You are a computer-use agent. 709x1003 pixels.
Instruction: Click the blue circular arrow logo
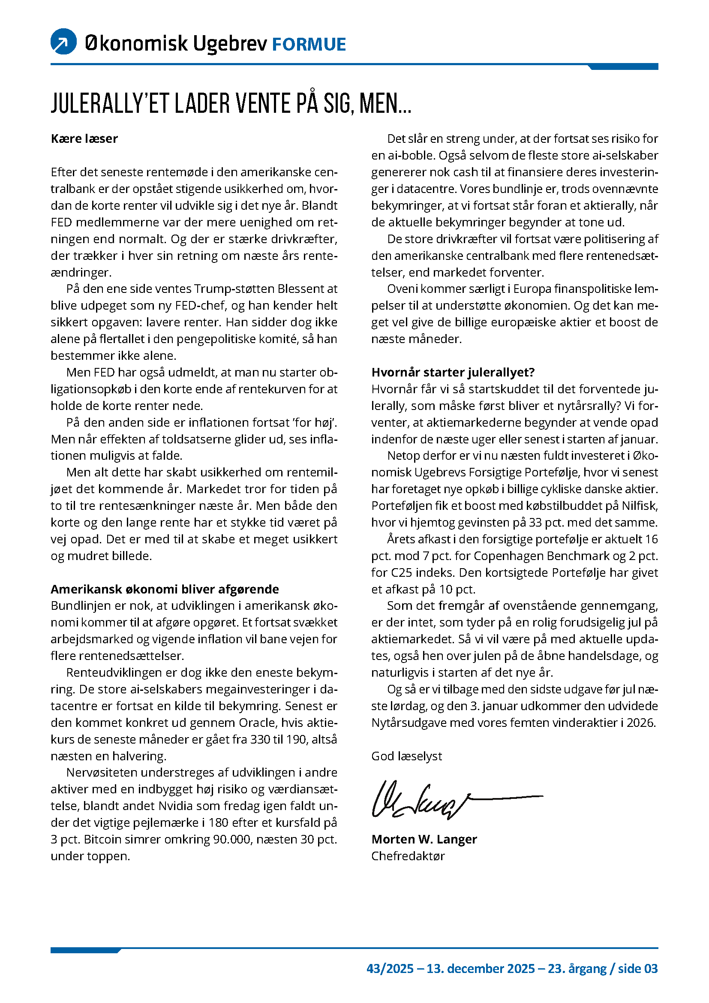pos(64,42)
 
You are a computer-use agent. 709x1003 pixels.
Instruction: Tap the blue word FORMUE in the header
pos(309,45)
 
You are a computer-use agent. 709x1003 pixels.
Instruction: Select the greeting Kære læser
pos(84,139)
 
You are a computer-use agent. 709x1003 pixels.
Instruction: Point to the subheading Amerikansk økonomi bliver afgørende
pos(165,589)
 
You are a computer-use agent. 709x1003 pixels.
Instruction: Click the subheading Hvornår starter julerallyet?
pos(453,372)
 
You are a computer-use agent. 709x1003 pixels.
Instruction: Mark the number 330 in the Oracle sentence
pos(259,740)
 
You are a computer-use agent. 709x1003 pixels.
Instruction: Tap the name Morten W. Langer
pos(424,840)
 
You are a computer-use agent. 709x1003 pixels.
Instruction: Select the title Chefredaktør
pos(408,856)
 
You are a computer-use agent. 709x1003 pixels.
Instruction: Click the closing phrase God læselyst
pos(406,756)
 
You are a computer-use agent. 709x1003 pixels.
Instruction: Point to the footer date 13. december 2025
pos(480,969)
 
